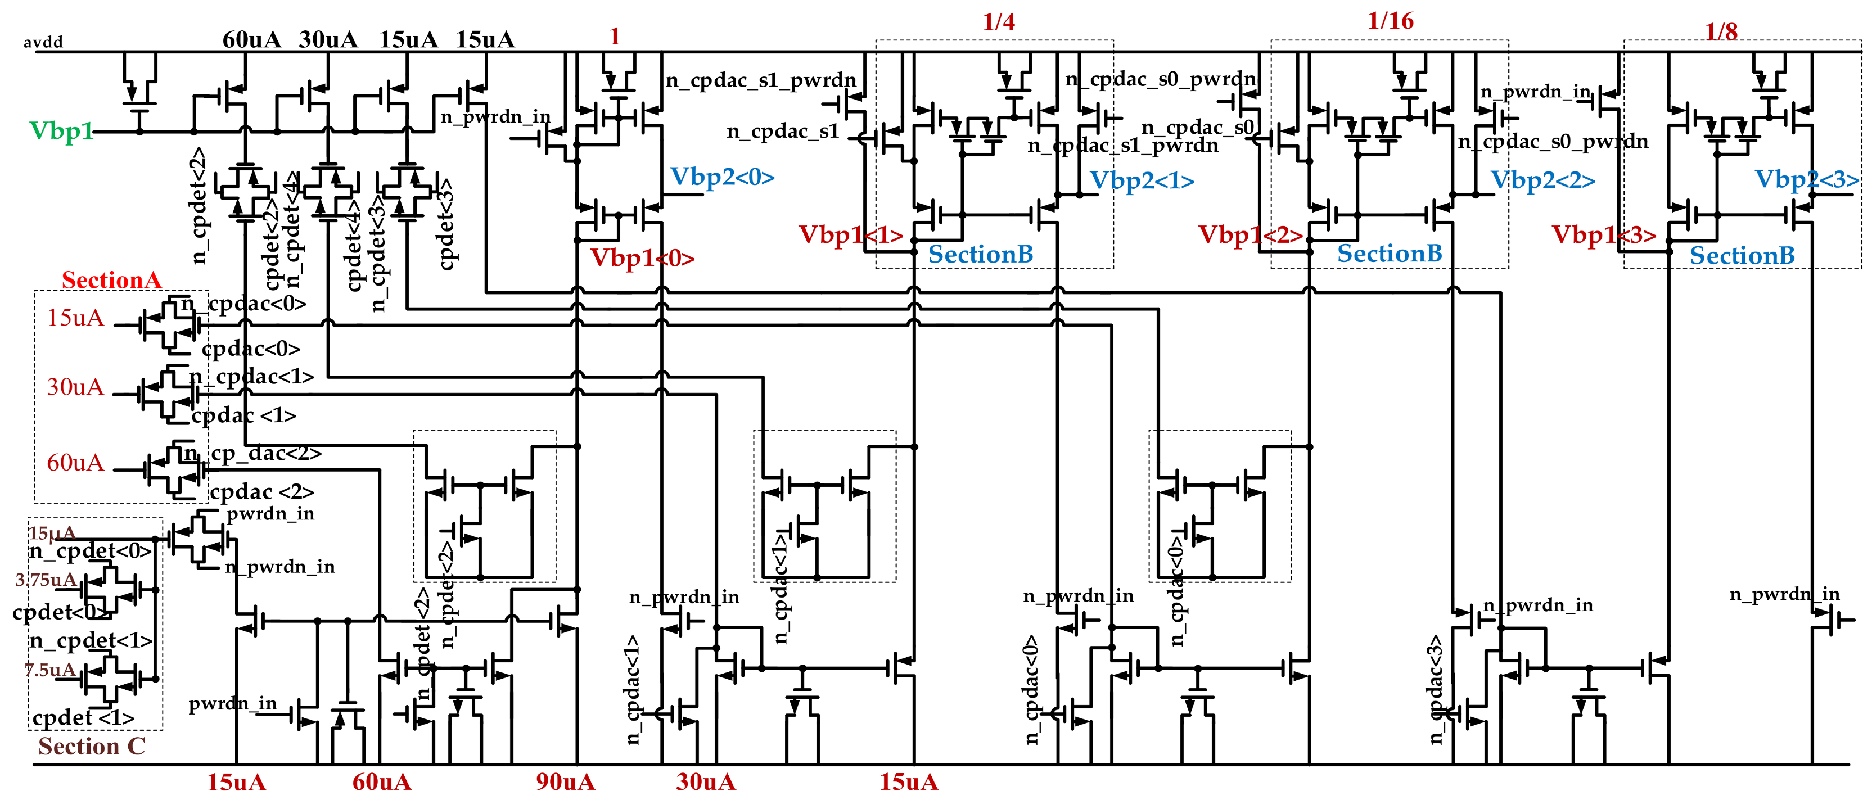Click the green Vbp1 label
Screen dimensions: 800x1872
[61, 132]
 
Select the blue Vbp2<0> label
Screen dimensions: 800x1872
[721, 177]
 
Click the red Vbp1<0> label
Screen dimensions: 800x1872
[642, 258]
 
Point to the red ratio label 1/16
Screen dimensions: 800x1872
[1390, 20]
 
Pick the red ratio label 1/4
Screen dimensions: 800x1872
[999, 22]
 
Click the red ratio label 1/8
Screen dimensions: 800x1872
[1721, 31]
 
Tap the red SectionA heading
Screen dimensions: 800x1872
[111, 280]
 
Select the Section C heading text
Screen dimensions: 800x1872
[92, 746]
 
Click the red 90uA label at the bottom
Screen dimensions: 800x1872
[565, 783]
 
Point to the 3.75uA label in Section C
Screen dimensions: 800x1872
[45, 580]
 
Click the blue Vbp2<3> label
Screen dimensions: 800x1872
[1806, 179]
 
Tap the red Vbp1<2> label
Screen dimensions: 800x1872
[1250, 234]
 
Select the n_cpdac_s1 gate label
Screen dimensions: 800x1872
[783, 132]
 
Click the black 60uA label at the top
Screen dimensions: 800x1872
[251, 39]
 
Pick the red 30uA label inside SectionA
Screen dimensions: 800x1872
[75, 387]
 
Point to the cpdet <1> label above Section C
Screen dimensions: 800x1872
[83, 718]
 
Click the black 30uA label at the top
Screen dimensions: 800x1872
[328, 39]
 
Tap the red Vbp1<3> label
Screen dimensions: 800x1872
[1603, 234]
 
